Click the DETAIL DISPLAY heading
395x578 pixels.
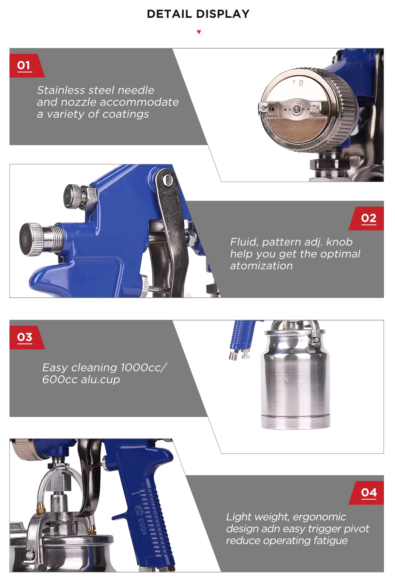pos(198,14)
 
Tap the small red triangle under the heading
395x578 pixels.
pos(199,32)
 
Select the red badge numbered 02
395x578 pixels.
pos(366,219)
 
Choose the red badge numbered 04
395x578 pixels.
pos(366,493)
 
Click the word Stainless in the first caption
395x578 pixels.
pos(61,90)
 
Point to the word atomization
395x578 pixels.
pos(261,266)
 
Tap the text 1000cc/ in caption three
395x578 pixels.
pos(143,368)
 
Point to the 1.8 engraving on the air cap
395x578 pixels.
pos(298,83)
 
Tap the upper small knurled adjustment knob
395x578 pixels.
pos(73,196)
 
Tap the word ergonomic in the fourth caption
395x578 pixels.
pos(319,517)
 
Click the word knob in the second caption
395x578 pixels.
pos(339,242)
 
